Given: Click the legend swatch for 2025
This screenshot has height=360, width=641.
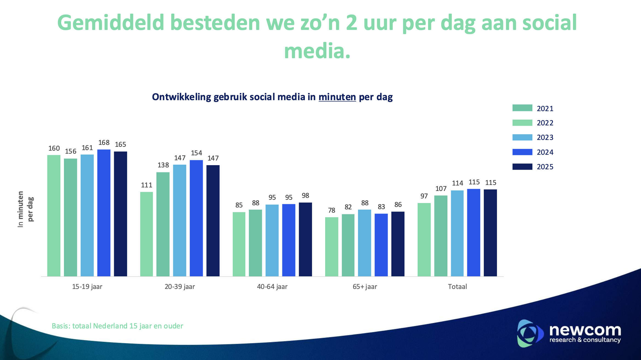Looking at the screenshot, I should pyautogui.click(x=522, y=167).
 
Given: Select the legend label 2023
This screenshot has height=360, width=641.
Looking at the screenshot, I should pyautogui.click(x=545, y=137).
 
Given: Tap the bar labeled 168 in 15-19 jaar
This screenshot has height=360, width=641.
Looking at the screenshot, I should pyautogui.click(x=104, y=213).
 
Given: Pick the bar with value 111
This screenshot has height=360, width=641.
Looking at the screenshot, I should pyautogui.click(x=147, y=234).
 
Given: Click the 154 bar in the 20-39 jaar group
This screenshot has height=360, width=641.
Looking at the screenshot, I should pyautogui.click(x=196, y=218).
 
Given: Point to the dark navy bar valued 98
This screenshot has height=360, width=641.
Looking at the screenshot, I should pyautogui.click(x=305, y=239).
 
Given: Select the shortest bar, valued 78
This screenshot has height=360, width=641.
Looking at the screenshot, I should pyautogui.click(x=331, y=246).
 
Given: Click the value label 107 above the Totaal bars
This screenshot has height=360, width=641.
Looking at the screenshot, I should pyautogui.click(x=441, y=189).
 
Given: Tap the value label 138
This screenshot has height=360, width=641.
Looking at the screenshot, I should pyautogui.click(x=163, y=165).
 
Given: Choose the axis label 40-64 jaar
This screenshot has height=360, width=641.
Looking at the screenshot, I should pyautogui.click(x=272, y=287).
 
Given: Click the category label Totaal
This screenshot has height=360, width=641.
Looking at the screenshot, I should pyautogui.click(x=457, y=287).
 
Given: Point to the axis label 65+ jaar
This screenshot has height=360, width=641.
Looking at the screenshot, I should pyautogui.click(x=365, y=287).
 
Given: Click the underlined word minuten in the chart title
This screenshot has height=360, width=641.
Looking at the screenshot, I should pyautogui.click(x=337, y=97).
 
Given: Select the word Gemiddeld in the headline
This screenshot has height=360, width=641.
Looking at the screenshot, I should pyautogui.click(x=111, y=23).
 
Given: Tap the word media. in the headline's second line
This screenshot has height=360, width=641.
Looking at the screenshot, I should pyautogui.click(x=317, y=51).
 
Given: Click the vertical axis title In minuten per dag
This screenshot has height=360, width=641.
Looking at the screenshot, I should pyautogui.click(x=25, y=209).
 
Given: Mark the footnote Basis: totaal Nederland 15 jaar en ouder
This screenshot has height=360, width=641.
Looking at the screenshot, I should pyautogui.click(x=117, y=326).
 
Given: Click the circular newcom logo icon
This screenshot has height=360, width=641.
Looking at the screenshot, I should pyautogui.click(x=529, y=333).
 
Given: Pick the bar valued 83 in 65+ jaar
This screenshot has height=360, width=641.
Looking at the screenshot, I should pyautogui.click(x=381, y=245).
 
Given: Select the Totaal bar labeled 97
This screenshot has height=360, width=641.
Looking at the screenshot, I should pyautogui.click(x=424, y=240).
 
